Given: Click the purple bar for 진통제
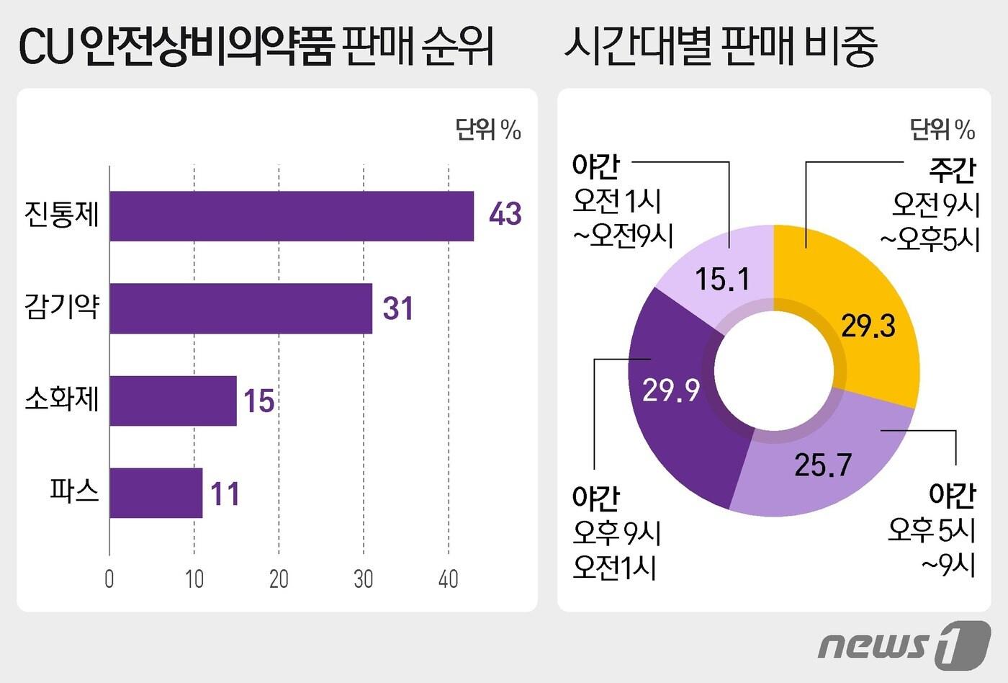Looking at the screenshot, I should coord(292,216).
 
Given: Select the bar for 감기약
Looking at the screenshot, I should coord(240,308).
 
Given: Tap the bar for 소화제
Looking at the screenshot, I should coord(173,401).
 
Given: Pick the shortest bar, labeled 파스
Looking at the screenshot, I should coord(156,493).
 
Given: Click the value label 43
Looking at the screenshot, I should coord(505,214).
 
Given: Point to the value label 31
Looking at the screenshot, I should coord(397,308).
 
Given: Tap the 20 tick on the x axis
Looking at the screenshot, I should coord(279,579).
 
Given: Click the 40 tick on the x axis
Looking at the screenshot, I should coord(448,579).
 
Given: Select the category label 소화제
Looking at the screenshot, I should coord(61,399).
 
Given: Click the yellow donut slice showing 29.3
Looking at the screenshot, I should coord(868,317).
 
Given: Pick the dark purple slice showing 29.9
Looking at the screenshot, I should coord(673,403).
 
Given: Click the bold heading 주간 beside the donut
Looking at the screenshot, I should coord(953,170).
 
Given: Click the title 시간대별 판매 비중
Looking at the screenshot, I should coord(720,46).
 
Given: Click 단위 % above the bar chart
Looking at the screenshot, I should coord(487,130).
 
